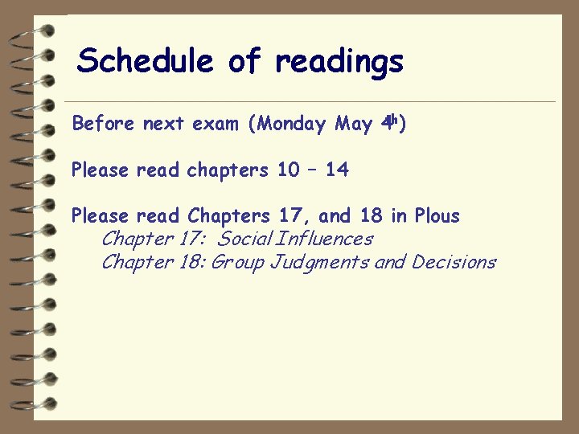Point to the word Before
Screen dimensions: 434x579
tap(104, 124)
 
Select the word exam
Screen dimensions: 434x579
tap(216, 124)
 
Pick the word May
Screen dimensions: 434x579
tap(354, 125)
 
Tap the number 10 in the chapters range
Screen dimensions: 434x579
tap(287, 170)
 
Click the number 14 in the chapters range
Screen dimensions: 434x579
tap(338, 170)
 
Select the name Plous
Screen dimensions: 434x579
tap(437, 215)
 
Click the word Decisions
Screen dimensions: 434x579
tap(454, 262)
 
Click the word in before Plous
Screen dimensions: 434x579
tap(399, 215)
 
